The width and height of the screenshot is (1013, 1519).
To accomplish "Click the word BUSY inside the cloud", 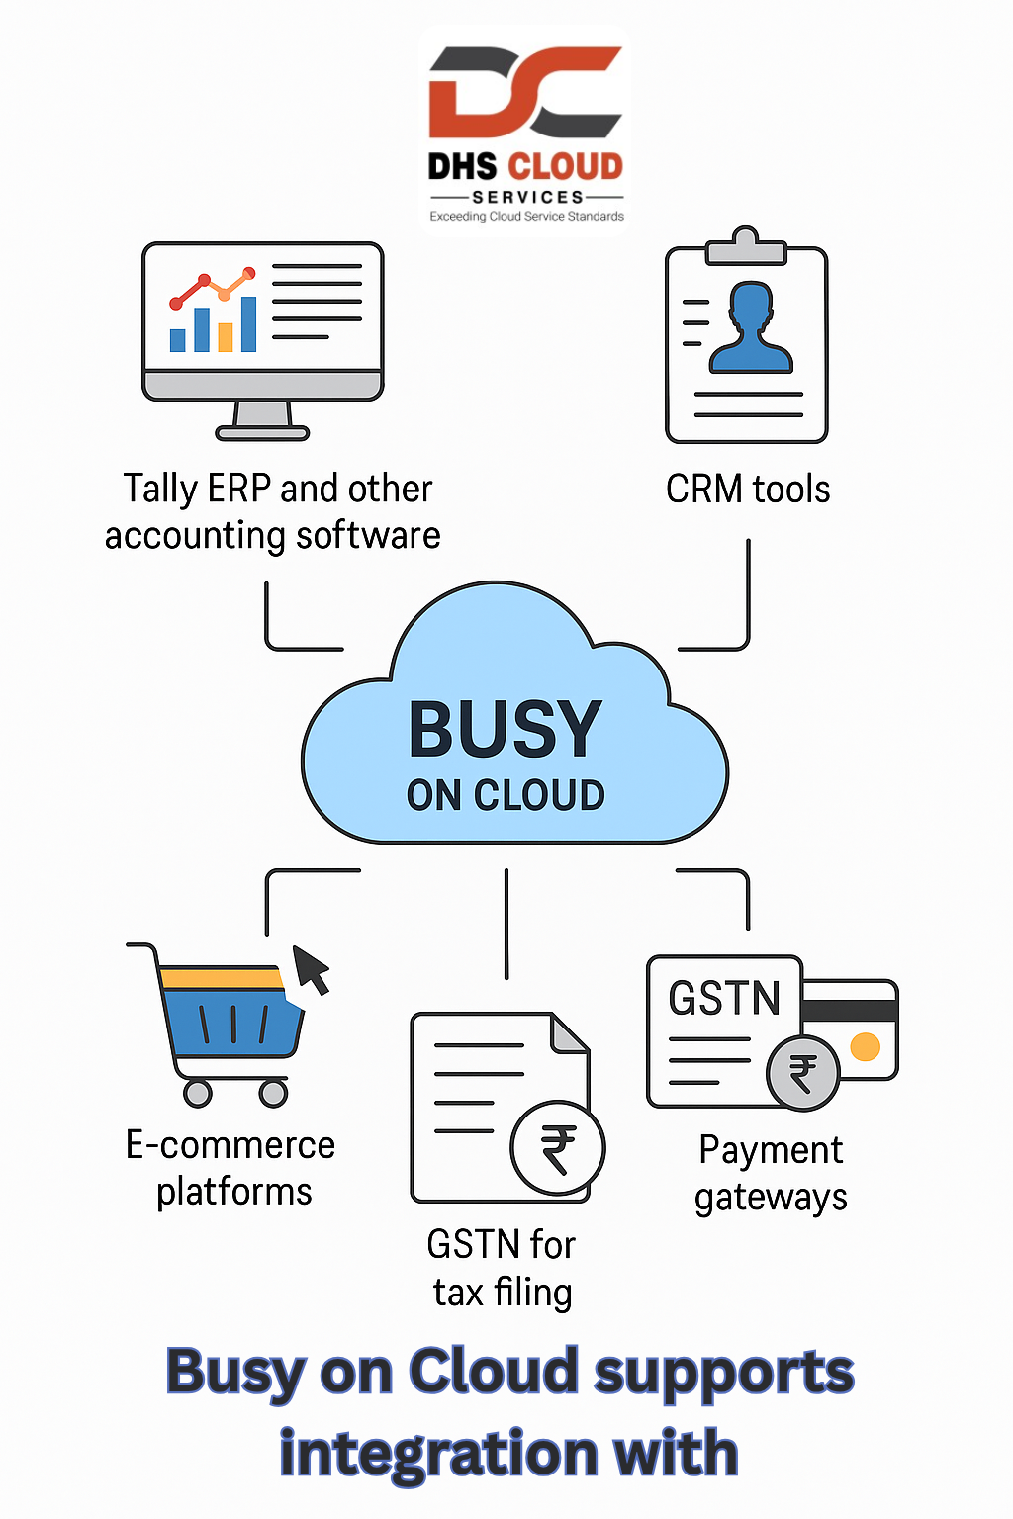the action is tap(505, 728).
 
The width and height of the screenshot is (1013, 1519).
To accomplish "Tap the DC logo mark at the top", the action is tap(526, 92).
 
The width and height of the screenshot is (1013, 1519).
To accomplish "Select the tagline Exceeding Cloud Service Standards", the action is tap(526, 217).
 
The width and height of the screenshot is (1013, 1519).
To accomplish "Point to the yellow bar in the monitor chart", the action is tap(226, 337).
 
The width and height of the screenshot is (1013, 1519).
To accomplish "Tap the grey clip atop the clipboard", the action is tap(746, 245).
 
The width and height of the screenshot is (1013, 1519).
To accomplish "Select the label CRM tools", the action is tap(748, 489).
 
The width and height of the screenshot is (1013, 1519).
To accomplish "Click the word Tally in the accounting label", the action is tap(160, 490).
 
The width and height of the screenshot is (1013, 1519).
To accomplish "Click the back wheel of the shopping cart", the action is tap(198, 1093).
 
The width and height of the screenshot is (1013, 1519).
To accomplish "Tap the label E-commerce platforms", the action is tap(230, 1168).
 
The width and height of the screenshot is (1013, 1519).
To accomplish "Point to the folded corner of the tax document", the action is tap(570, 1032).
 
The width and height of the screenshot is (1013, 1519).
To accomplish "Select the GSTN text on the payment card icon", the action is tap(724, 998).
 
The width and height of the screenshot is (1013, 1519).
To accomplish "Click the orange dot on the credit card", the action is tap(865, 1046).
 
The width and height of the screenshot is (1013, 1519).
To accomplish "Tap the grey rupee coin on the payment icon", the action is tap(803, 1073).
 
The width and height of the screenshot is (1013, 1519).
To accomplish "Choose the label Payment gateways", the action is tap(771, 1174).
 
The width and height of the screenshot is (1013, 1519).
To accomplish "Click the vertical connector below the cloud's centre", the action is tap(506, 924).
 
